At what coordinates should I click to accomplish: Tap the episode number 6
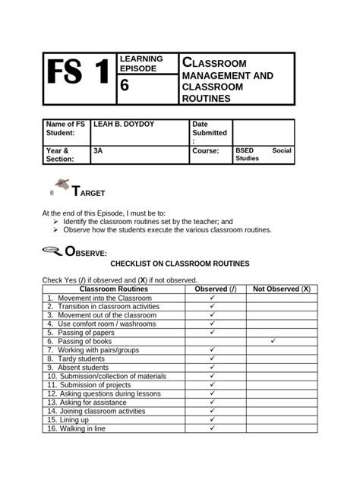[125, 87]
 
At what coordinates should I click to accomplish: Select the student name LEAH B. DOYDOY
[124, 124]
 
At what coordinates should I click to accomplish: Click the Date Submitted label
[209, 131]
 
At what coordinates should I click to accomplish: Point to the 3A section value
[98, 150]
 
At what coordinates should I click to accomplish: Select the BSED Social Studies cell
[263, 154]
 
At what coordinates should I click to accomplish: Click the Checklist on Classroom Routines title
[180, 264]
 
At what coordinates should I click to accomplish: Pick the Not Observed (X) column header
[281, 289]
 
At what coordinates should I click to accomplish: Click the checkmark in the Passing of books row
[272, 341]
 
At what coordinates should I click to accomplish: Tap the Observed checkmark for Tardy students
[213, 358]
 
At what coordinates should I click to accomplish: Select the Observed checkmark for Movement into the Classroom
[213, 298]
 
